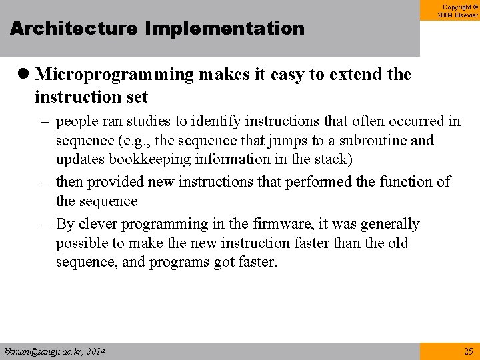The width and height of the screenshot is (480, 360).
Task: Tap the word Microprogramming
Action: (x=114, y=75)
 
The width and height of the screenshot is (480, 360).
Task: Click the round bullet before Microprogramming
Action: (x=23, y=75)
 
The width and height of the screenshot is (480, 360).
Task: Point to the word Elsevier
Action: (x=467, y=15)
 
